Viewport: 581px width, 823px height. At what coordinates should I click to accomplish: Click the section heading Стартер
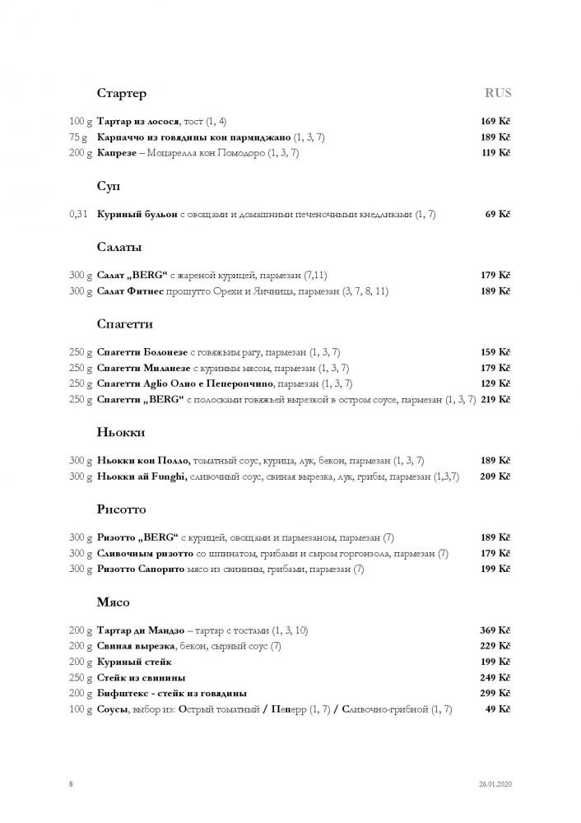click(121, 93)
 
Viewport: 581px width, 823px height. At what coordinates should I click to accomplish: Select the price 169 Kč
click(495, 122)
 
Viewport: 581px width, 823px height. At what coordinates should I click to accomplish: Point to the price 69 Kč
click(498, 215)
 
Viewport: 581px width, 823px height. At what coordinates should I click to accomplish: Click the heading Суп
click(109, 187)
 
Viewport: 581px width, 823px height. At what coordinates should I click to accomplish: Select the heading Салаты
click(119, 247)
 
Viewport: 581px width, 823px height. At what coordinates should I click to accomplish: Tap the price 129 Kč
click(495, 384)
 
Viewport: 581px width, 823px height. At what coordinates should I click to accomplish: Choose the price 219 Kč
click(495, 399)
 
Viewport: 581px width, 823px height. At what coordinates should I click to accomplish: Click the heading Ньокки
click(120, 432)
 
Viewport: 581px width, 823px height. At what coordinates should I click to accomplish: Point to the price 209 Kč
click(495, 477)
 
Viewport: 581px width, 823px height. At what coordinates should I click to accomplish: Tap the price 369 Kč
click(495, 630)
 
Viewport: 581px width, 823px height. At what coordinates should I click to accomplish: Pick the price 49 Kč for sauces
click(498, 709)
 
